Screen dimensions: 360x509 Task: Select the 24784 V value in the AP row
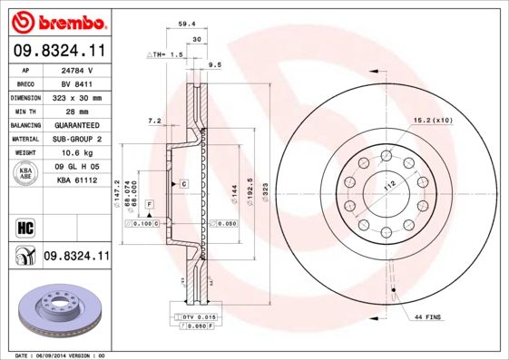[x=78, y=69]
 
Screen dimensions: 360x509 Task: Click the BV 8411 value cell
[x=78, y=83]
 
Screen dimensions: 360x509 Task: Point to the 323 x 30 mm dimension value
[x=78, y=97]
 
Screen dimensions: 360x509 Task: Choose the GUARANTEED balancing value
[x=78, y=125]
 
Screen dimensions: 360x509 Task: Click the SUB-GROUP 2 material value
[x=78, y=139]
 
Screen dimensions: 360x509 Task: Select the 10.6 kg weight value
[x=78, y=153]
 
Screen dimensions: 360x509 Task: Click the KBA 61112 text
[x=78, y=181]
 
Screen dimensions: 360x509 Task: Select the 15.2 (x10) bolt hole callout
[x=434, y=120]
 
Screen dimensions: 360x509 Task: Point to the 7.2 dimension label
[x=153, y=121]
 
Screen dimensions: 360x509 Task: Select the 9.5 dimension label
[x=215, y=66]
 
